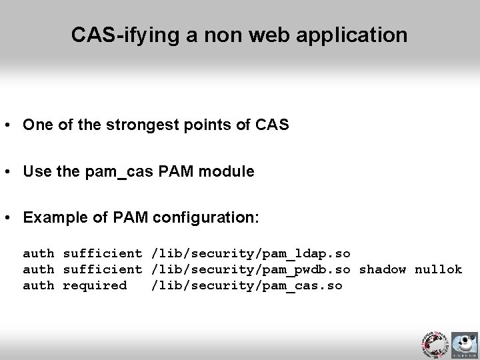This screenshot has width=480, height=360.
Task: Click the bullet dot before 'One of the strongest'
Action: (x=10, y=125)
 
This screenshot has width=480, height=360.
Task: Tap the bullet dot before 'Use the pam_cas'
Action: (x=10, y=172)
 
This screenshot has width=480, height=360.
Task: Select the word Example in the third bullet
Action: (x=51, y=218)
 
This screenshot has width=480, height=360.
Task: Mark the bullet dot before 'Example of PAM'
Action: (x=10, y=219)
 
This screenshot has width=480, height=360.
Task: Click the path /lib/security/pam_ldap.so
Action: (x=251, y=253)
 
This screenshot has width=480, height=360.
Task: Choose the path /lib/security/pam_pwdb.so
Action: (x=251, y=269)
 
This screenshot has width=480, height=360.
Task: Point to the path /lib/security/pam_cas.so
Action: (x=247, y=285)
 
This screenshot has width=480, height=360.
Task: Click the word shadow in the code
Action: (x=383, y=269)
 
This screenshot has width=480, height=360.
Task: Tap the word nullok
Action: (x=438, y=269)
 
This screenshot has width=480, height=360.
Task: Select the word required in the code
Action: (x=94, y=285)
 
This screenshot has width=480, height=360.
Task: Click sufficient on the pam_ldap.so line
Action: (x=102, y=253)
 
